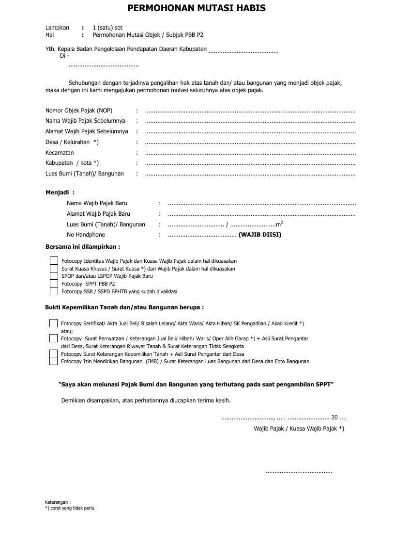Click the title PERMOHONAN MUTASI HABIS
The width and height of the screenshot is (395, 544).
197,9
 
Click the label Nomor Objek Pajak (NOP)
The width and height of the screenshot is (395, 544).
79,111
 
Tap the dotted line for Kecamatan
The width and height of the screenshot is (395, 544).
250,153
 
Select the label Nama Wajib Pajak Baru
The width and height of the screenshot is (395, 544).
97,203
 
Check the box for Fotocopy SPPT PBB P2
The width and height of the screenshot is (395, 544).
54,284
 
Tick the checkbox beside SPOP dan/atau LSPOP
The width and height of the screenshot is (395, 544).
54,276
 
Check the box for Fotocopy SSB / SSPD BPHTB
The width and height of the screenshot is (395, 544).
54,291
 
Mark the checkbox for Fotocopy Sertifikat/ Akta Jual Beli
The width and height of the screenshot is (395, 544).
53,323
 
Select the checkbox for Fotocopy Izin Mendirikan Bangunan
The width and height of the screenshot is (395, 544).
53,361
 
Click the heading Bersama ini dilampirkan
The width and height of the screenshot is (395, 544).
82,247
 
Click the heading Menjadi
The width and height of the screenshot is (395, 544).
60,192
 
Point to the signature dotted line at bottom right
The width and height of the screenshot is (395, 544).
299,471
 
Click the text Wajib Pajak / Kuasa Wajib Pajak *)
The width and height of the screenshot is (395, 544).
299,429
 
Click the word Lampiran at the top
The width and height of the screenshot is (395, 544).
57,28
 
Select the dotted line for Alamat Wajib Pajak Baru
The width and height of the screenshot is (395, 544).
261,214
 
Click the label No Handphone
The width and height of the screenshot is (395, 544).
86,235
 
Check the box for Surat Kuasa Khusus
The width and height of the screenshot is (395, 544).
54,268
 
